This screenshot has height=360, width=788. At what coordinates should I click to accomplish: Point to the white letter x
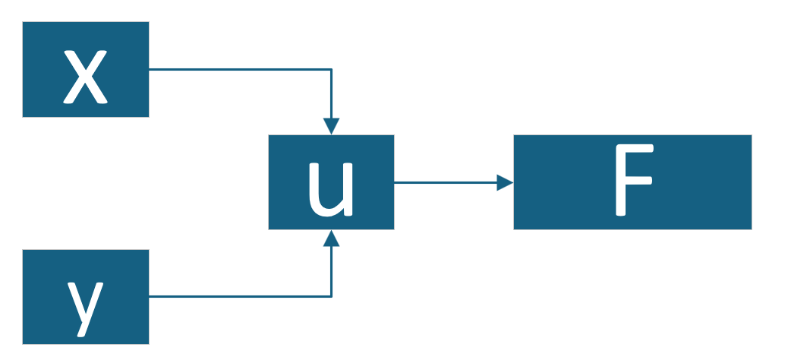(x=85, y=77)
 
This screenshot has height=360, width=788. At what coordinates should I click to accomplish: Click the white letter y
(x=84, y=305)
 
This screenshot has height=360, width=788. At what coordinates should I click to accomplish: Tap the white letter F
(x=632, y=182)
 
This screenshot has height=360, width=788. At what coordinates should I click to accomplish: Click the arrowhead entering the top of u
(x=331, y=126)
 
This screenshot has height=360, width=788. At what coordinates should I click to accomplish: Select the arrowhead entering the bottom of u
(x=331, y=238)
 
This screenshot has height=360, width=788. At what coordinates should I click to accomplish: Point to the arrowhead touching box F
(x=505, y=182)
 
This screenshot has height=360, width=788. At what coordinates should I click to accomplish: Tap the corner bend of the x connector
(x=331, y=69)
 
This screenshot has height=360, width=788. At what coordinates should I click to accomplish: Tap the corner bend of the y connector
(x=331, y=296)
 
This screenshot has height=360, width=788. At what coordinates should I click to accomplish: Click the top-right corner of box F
(x=751, y=136)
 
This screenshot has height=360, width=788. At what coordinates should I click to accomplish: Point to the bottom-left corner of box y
(x=24, y=343)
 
